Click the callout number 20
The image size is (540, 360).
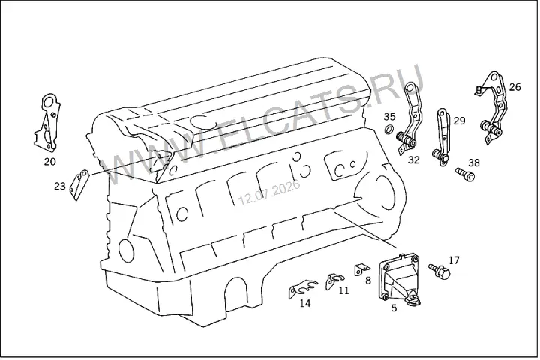point(50,161)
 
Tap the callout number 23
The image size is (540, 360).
point(59,186)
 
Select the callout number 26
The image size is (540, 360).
point(514,87)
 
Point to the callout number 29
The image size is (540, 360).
point(459,121)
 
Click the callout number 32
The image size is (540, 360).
point(413,160)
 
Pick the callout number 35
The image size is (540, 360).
point(390,117)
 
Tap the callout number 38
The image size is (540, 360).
point(474,163)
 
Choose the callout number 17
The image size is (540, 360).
point(454,260)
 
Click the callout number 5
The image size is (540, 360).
point(394,307)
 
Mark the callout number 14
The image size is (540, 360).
point(305,303)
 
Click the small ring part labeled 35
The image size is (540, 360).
point(389,130)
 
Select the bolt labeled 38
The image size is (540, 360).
point(465,174)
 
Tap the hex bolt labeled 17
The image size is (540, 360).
point(439,271)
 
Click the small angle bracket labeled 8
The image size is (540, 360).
point(361,269)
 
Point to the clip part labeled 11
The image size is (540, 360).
point(334,280)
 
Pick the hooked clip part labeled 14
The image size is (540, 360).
point(302,288)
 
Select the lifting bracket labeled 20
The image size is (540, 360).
point(48,122)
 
